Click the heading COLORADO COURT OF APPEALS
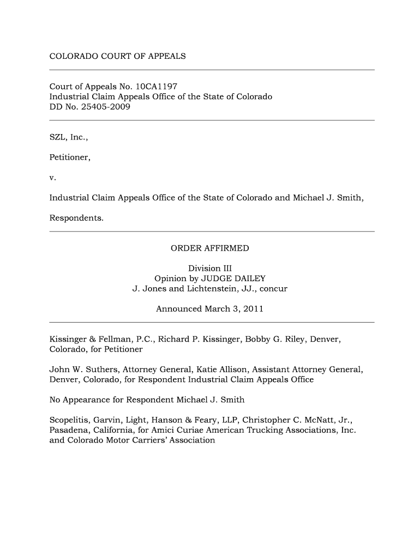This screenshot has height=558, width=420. click(x=118, y=56)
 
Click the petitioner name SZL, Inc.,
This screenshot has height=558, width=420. click(x=69, y=138)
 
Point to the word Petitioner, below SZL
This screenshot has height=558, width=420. click(x=70, y=158)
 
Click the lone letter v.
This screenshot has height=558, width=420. click(x=52, y=178)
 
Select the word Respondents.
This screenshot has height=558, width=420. click(x=76, y=219)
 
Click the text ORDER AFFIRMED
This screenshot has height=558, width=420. click(x=209, y=248)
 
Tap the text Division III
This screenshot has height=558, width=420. click(x=209, y=269)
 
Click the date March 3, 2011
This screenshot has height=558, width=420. click(x=234, y=309)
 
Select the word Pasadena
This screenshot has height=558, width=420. click(x=70, y=430)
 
